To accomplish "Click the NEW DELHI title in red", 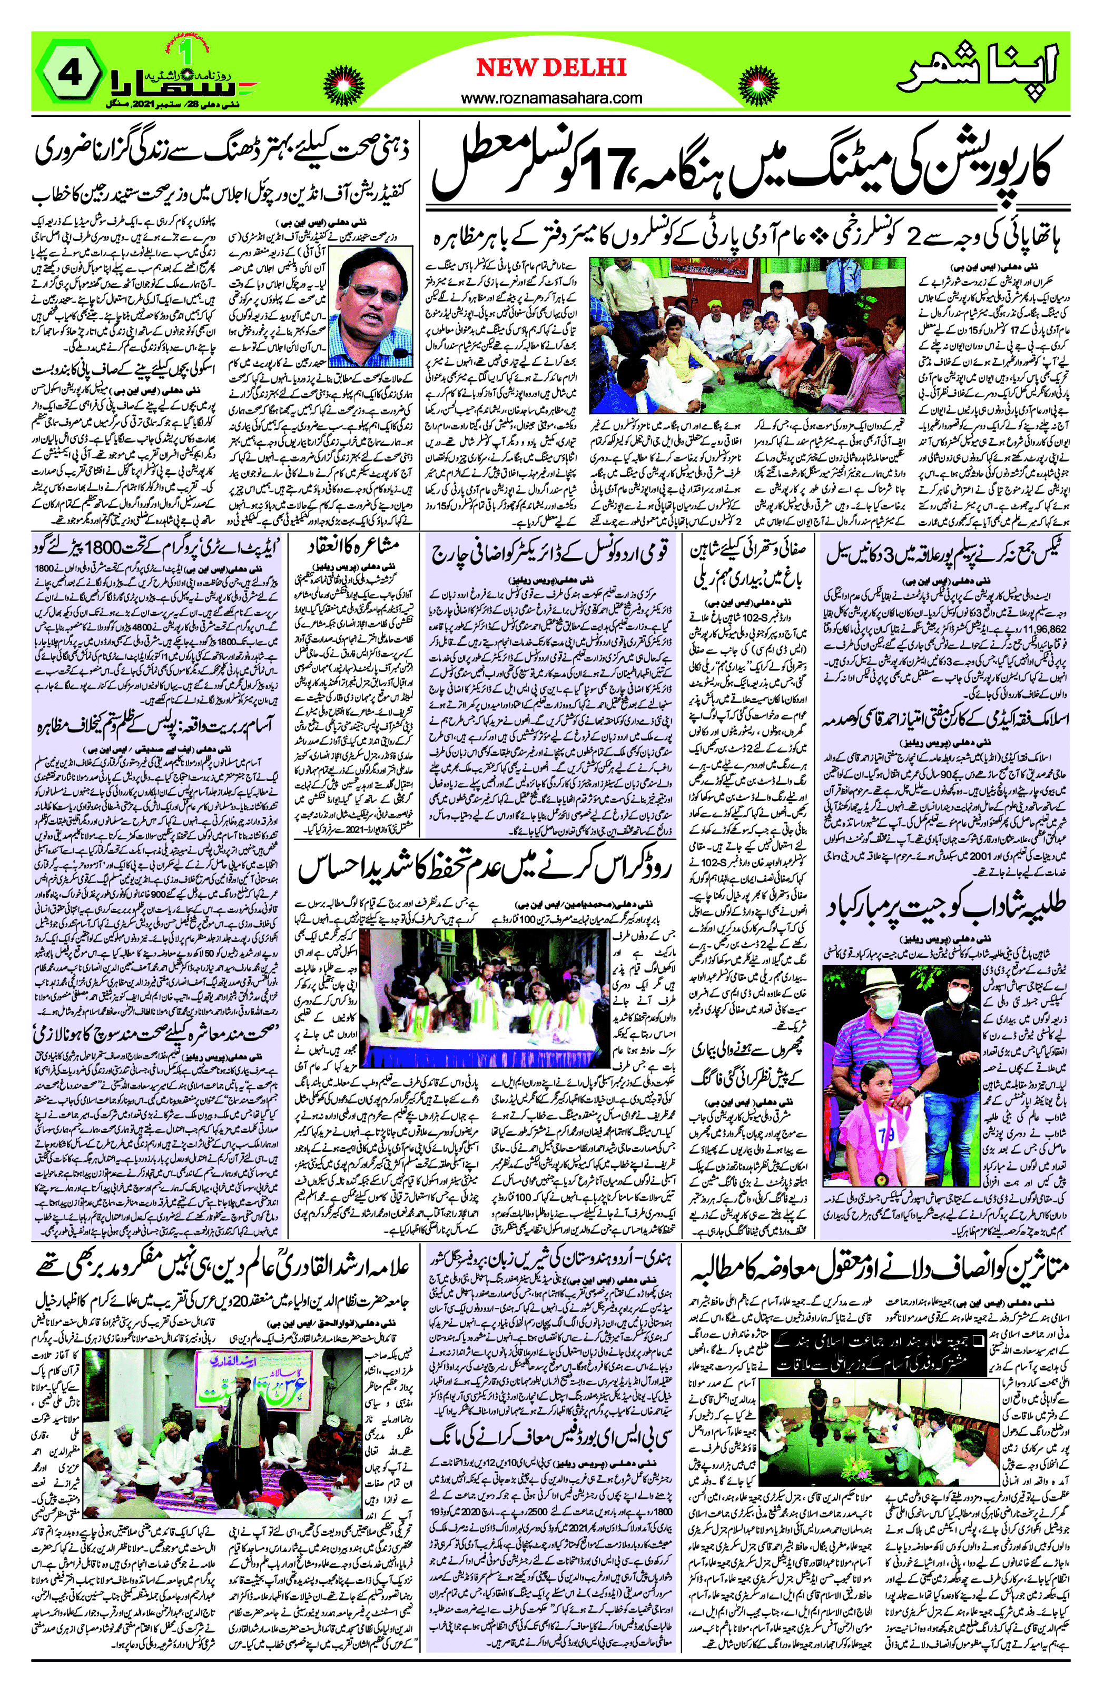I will (551, 67).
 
